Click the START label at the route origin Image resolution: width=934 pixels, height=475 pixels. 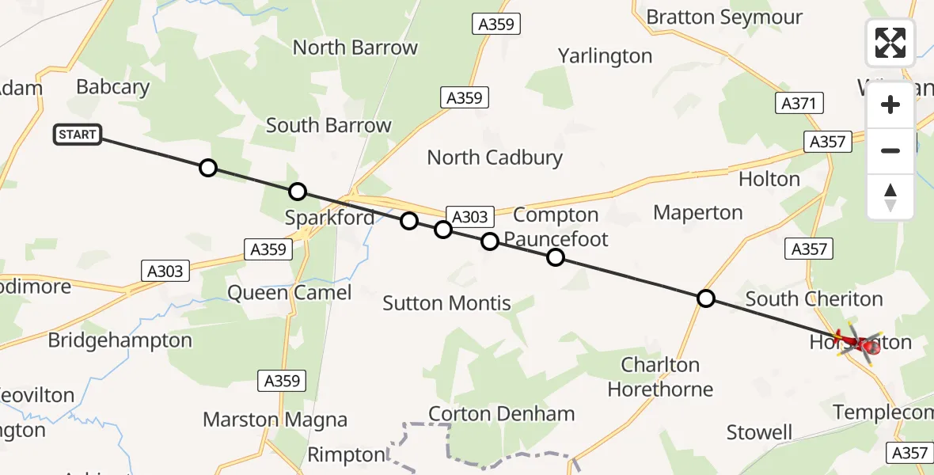77,135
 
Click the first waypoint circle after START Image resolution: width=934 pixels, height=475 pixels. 207,168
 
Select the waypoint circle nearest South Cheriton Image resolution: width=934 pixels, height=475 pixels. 705,298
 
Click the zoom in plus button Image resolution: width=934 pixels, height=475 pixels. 890,105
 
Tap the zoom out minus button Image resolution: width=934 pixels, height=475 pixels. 890,150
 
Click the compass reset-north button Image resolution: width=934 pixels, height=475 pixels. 890,196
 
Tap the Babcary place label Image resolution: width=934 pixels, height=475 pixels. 112,87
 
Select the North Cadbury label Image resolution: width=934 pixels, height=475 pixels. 495,158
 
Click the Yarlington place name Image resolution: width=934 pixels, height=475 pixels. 605,56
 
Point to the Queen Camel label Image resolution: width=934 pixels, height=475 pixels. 289,293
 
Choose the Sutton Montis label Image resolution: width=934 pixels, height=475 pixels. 446,302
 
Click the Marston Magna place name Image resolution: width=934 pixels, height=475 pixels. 275,420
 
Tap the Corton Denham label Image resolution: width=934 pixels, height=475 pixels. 501,414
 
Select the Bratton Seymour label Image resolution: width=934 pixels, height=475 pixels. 723,17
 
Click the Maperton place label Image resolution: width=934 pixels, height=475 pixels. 697,212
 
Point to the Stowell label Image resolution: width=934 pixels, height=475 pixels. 759,432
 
